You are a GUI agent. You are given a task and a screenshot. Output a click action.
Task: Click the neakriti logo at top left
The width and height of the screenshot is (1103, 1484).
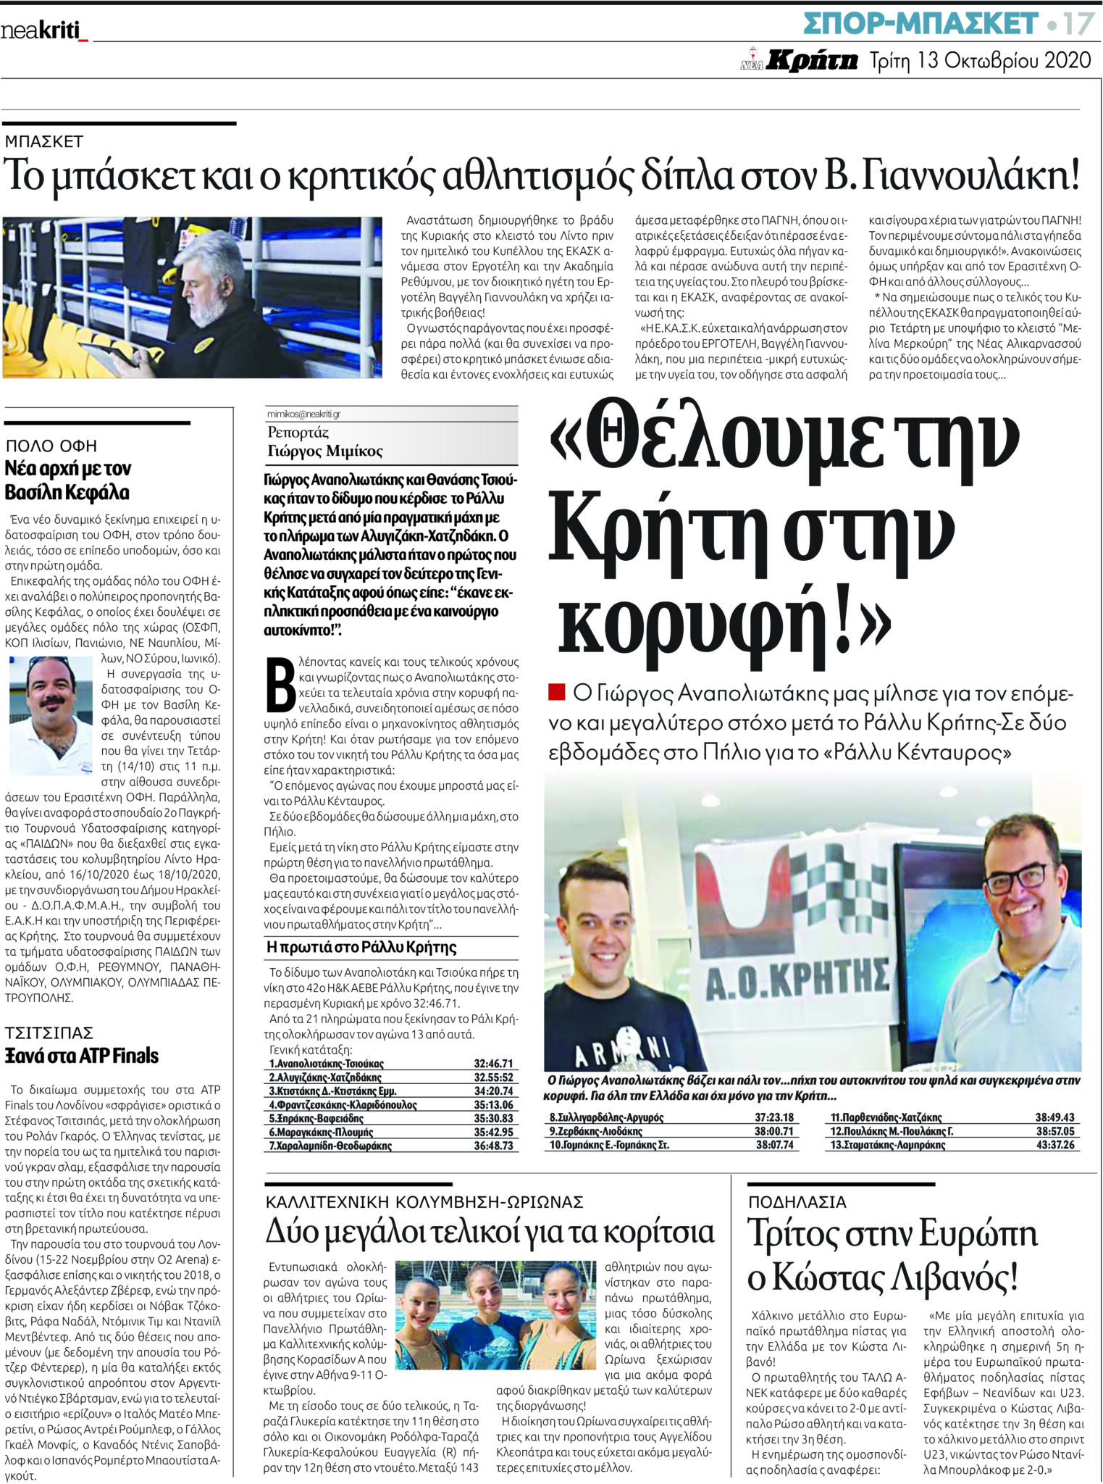point(43,31)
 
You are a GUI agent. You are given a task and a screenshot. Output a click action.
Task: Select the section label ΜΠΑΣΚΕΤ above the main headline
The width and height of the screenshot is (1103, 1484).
point(44,141)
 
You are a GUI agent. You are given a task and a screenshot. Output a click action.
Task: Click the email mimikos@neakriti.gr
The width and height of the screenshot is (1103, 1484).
point(303,414)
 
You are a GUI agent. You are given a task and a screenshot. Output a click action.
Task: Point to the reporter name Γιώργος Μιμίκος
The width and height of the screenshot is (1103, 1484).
point(324,451)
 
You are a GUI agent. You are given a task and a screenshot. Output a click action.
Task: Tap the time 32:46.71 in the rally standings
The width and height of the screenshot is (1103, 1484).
point(493,1064)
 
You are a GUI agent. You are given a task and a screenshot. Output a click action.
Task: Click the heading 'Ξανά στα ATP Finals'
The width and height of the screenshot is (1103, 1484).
point(82,1056)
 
